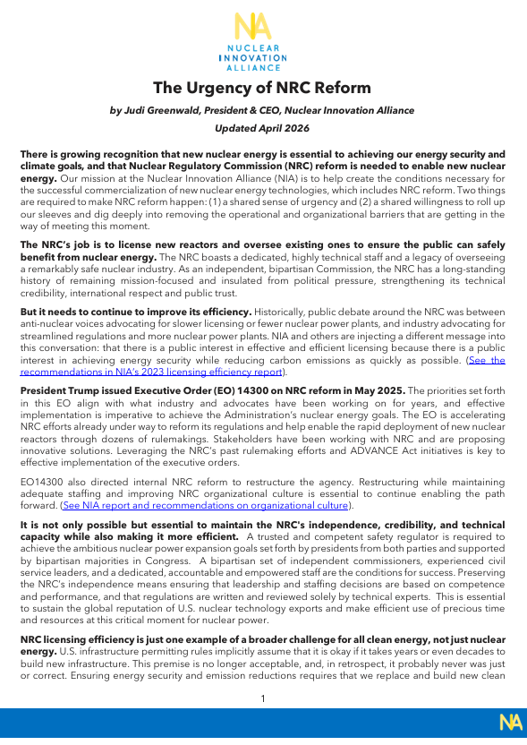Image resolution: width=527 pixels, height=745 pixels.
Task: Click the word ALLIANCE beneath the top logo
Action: pos(254,66)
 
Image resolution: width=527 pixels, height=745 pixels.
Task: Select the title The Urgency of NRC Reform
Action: pos(261,88)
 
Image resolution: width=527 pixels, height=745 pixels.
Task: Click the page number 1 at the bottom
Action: pos(262,698)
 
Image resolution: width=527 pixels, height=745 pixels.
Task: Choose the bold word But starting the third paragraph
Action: pos(30,312)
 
